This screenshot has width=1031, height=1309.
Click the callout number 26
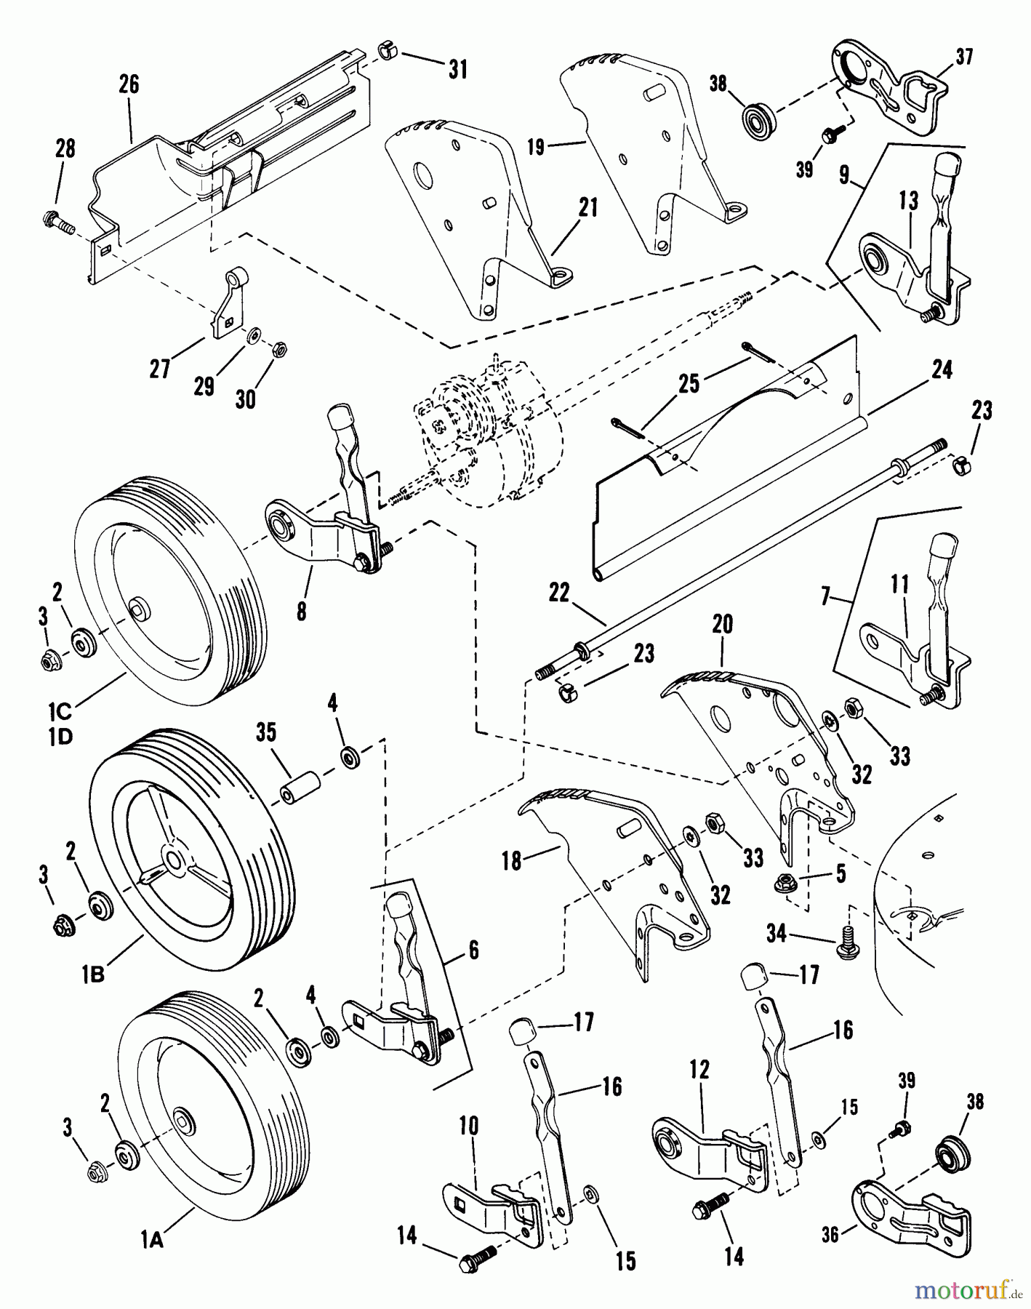pos(129,85)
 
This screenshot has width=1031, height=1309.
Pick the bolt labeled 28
pos(57,217)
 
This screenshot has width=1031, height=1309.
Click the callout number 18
pos(513,861)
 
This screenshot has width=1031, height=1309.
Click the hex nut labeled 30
pos(278,350)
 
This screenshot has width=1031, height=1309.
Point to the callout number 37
pos(963,57)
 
